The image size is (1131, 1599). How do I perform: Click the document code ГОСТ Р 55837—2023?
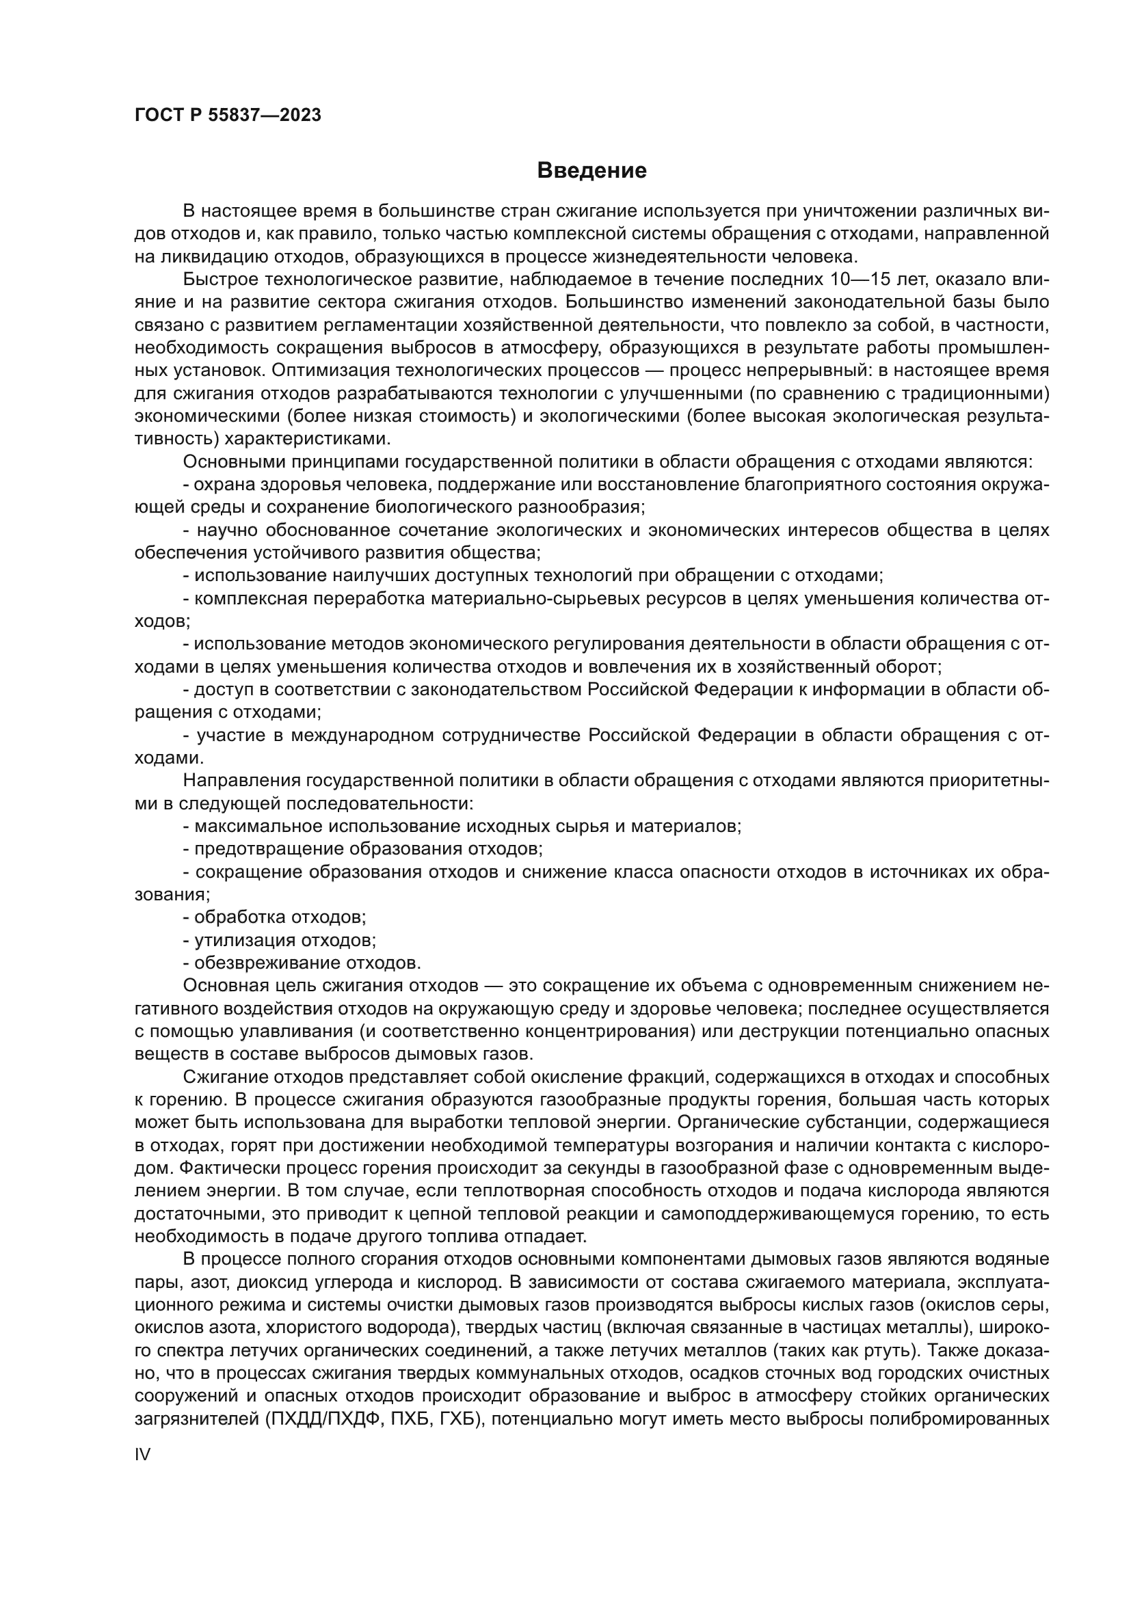(228, 115)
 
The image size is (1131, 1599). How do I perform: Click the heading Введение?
(591, 171)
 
